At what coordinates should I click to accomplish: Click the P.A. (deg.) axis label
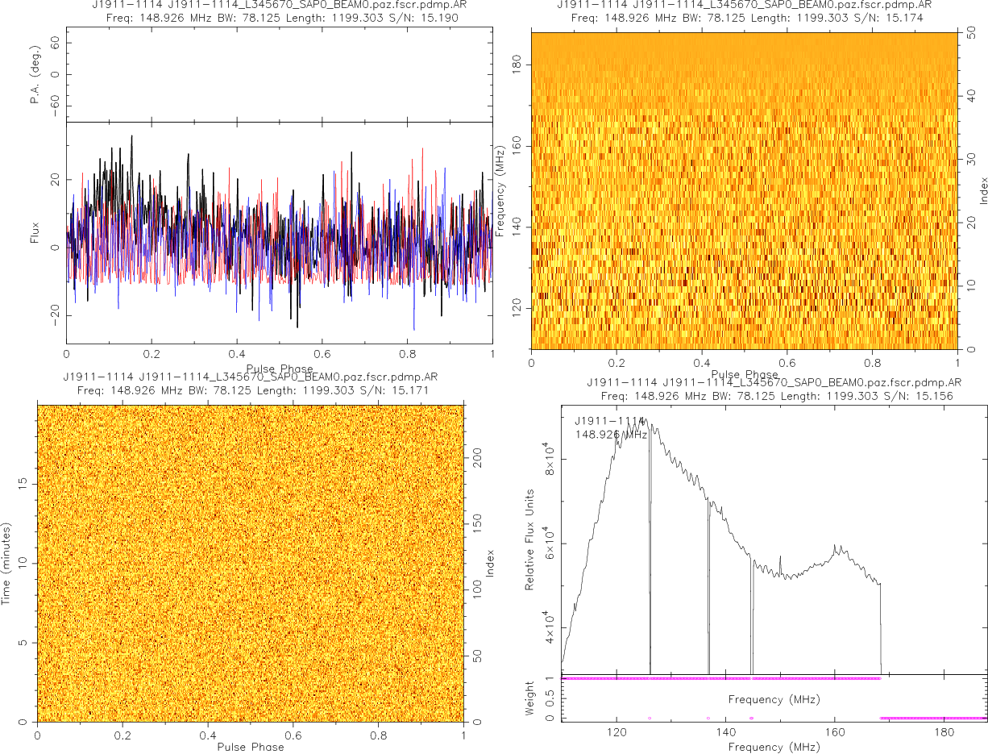pyautogui.click(x=35, y=75)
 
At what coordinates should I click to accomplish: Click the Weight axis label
pyautogui.click(x=530, y=696)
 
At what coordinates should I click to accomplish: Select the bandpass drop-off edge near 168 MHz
pyautogui.click(x=881, y=629)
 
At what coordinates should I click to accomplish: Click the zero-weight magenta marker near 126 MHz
pyautogui.click(x=650, y=718)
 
